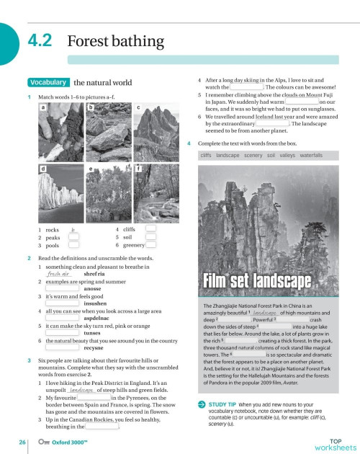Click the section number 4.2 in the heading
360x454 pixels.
pyautogui.click(x=42, y=40)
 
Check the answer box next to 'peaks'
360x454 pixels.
pyautogui.click(x=74, y=237)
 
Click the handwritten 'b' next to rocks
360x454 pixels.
pyautogui.click(x=73, y=229)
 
